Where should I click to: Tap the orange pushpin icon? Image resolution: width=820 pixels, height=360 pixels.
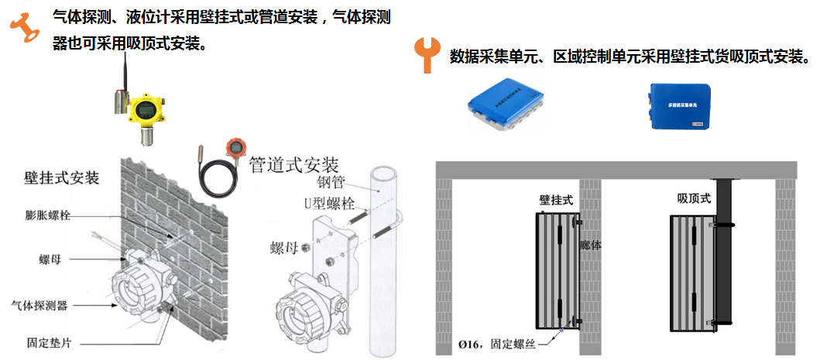(x=25, y=26)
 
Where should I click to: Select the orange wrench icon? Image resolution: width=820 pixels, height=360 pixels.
(x=426, y=54)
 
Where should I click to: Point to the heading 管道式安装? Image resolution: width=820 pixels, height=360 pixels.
(x=294, y=165)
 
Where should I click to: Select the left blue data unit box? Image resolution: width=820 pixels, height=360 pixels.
(x=506, y=105)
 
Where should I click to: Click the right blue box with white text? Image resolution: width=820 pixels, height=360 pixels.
(x=678, y=105)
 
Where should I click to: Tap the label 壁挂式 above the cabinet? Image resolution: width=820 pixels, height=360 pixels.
(x=556, y=200)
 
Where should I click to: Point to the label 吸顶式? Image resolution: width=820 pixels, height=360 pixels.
(x=693, y=199)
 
